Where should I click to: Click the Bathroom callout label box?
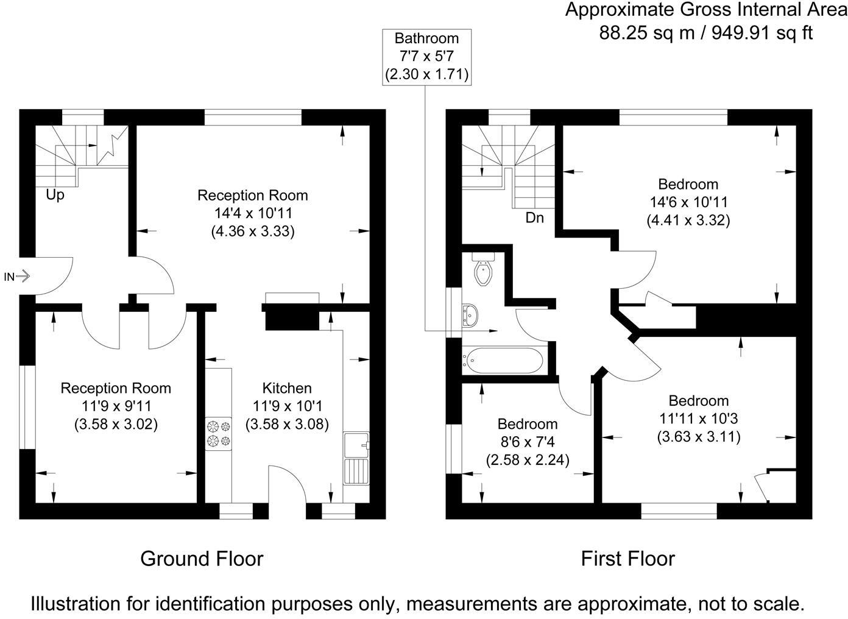426,57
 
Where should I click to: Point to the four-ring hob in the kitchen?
219,433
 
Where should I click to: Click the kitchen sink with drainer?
356,458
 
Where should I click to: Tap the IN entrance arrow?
18,277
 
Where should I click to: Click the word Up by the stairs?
55,196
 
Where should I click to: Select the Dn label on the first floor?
534,218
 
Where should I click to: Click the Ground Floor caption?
202,558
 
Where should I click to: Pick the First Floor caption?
627,558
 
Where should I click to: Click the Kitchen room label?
287,388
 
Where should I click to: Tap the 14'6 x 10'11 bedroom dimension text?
688,202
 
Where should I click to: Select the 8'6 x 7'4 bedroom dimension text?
527,442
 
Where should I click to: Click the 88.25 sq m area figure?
647,32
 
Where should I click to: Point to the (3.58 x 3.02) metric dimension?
116,424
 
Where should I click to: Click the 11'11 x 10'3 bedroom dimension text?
698,419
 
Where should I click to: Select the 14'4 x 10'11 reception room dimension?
252,213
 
